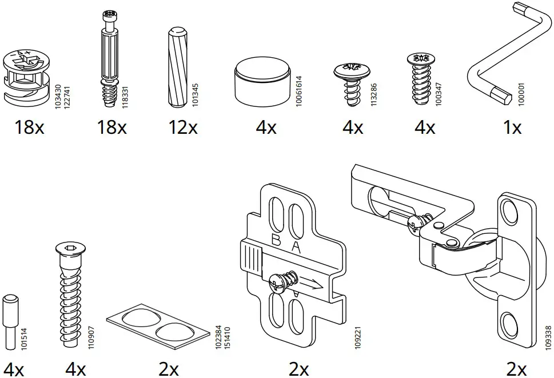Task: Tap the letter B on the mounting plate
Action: coord(276,240)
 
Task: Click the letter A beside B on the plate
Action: coord(296,247)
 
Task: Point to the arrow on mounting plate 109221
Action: coord(312,283)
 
